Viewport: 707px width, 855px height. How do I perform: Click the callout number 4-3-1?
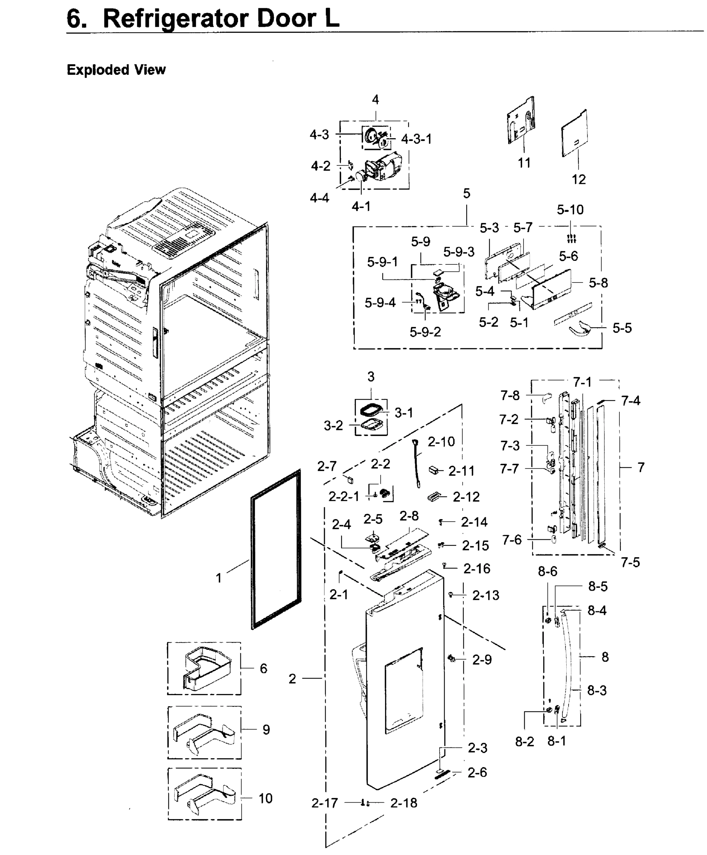tap(416, 139)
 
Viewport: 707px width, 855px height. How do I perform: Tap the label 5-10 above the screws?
tap(570, 210)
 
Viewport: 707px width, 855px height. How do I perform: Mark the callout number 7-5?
tap(630, 562)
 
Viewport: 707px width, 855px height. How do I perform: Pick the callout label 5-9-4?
tap(380, 302)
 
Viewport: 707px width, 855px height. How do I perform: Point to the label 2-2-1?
tap(344, 496)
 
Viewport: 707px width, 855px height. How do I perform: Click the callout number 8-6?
tap(547, 571)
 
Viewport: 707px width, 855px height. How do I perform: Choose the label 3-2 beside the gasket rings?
tap(333, 425)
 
